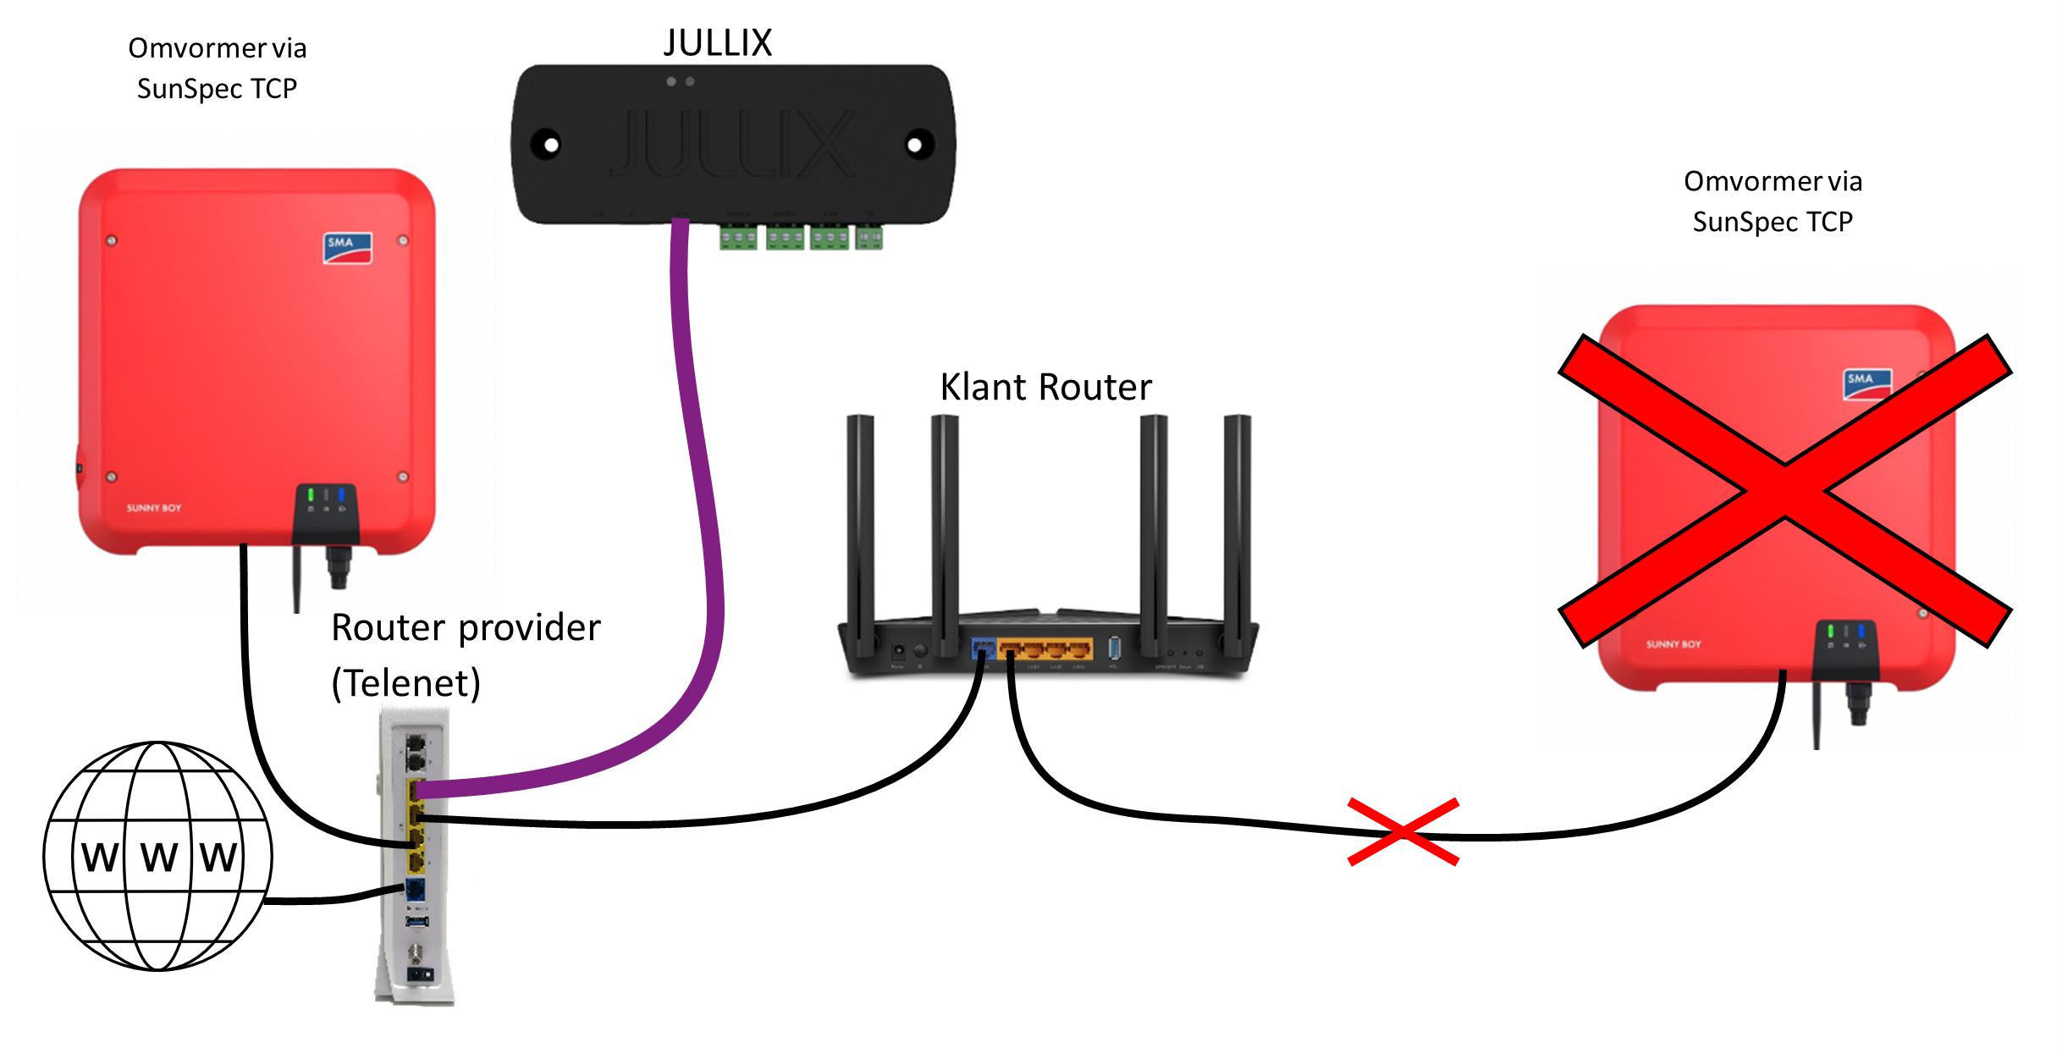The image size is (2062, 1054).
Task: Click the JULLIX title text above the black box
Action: click(718, 42)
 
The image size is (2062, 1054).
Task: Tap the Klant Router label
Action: click(1045, 387)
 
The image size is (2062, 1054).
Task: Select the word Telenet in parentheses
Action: click(406, 682)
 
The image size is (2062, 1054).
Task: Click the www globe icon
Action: click(157, 856)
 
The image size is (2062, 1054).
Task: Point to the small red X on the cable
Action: click(1403, 831)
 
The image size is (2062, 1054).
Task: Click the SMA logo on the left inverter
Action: click(347, 247)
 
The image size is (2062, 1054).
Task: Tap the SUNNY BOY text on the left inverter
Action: click(154, 508)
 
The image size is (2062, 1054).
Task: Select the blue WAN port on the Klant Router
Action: click(984, 649)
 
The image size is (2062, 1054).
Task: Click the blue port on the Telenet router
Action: click(415, 890)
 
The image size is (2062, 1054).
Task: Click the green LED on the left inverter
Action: click(311, 494)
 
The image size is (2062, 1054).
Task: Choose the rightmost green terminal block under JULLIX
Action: click(868, 238)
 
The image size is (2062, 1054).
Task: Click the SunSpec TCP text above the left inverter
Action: click(217, 88)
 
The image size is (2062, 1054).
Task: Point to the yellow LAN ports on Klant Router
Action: click(1045, 649)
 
